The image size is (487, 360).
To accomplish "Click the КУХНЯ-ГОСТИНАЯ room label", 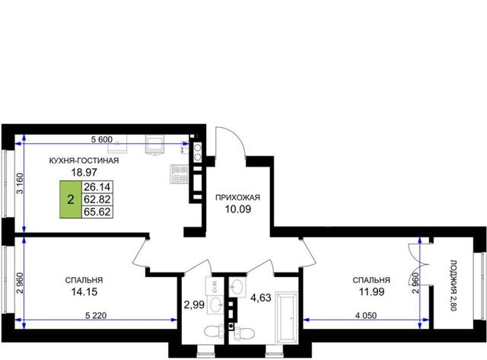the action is tap(84, 161).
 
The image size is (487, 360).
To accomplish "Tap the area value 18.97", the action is tap(84, 172).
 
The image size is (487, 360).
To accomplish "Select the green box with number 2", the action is tap(71, 199).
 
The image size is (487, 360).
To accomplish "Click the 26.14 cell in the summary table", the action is tap(97, 187).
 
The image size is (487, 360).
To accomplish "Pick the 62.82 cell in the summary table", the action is tap(97, 199).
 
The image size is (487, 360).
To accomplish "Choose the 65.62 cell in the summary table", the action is tap(97, 212).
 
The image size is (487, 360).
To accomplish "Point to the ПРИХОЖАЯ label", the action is tap(238, 198).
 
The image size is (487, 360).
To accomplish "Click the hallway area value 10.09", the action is tap(238, 209).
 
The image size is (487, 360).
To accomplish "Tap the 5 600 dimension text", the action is tap(101, 139).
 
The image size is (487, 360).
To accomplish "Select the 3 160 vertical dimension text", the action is tap(20, 183).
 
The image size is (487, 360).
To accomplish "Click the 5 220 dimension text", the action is tap(96, 316).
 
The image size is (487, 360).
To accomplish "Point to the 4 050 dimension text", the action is tap(366, 316).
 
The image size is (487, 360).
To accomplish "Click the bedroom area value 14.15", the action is tap(84, 292).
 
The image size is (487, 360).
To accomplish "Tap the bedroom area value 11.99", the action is tap(371, 292).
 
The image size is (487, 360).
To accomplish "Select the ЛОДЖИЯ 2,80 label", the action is tap(454, 285).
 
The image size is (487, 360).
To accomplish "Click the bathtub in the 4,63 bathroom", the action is tap(286, 317).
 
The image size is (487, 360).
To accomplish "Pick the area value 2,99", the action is tap(194, 304).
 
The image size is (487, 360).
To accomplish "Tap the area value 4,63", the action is tap(261, 298).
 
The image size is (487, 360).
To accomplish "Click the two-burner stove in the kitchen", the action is tap(198, 152).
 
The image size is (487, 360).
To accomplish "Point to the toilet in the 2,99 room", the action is tap(214, 331).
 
